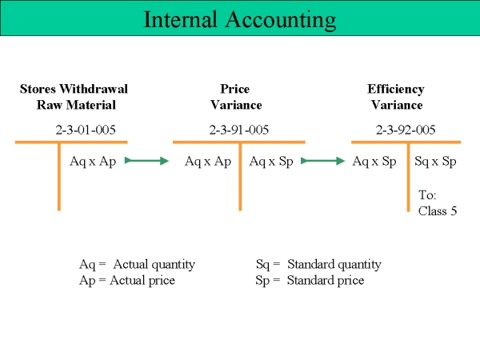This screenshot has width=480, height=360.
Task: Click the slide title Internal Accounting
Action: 240,19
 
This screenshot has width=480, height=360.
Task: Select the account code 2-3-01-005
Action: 86,130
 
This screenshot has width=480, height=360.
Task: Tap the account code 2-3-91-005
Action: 239,130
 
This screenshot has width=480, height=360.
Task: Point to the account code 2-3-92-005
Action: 406,130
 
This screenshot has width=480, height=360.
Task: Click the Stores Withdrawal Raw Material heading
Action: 74,97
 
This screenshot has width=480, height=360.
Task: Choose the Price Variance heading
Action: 236,97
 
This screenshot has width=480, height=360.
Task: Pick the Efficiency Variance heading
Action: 396,97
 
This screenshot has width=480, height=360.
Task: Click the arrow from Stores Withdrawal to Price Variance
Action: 146,161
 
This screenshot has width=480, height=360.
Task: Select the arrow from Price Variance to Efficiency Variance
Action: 323,161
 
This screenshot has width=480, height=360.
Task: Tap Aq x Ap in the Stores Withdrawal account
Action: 93,162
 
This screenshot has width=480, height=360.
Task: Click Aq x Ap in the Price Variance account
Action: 208,162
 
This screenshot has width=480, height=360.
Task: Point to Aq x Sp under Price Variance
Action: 271,162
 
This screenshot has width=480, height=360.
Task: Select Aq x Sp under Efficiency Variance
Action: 374,162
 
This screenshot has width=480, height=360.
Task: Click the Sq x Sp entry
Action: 435,162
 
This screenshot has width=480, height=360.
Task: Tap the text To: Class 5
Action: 438,203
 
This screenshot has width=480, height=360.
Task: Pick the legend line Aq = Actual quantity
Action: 137,265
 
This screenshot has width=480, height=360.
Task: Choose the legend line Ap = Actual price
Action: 127,281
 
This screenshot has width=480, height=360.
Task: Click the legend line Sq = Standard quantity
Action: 318,265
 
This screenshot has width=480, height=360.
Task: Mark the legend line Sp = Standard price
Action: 310,281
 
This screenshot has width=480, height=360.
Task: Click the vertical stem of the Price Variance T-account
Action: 240,177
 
